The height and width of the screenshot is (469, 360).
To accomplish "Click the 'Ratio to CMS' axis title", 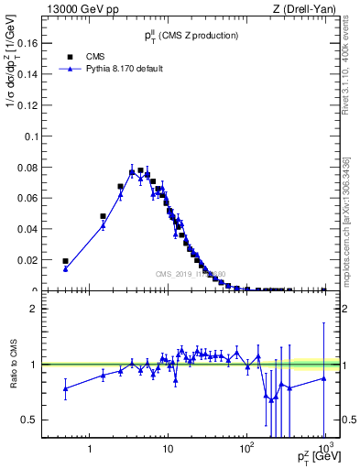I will [x=15, y=364].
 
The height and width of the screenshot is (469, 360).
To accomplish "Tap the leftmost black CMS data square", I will [x=65, y=261].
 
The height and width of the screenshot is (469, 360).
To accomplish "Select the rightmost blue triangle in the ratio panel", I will [x=323, y=378].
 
